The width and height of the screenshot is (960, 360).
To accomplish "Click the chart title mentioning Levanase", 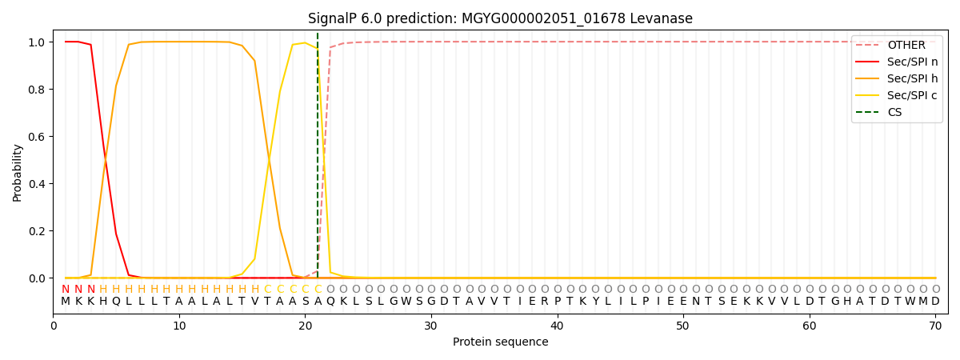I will (500, 18).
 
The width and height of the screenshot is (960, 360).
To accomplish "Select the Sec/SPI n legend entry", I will (912, 62).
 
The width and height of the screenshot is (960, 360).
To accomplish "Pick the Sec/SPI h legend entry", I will (912, 79).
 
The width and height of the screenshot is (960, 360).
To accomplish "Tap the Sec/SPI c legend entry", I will (912, 96).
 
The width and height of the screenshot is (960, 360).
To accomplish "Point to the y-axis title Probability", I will (17, 172).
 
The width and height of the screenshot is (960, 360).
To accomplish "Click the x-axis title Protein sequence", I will (500, 342).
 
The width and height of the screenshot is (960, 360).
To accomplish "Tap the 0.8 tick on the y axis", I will (37, 90).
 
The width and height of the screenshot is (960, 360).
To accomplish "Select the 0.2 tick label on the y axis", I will (37, 231).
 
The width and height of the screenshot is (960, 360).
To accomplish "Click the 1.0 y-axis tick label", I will (37, 42).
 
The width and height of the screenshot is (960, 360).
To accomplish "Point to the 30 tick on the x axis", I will (430, 326).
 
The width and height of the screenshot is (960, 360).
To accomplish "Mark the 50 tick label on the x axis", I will (682, 326).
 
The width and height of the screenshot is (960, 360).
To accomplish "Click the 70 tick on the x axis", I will (935, 326).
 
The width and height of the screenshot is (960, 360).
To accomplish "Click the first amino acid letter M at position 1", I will (66, 302).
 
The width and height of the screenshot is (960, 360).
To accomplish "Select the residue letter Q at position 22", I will (330, 302).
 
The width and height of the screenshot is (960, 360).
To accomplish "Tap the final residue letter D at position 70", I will (935, 302).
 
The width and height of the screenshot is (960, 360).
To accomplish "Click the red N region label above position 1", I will (66, 290).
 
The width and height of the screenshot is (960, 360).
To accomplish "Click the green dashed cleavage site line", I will (318, 160).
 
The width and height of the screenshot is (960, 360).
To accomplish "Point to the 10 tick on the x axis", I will (179, 326).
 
